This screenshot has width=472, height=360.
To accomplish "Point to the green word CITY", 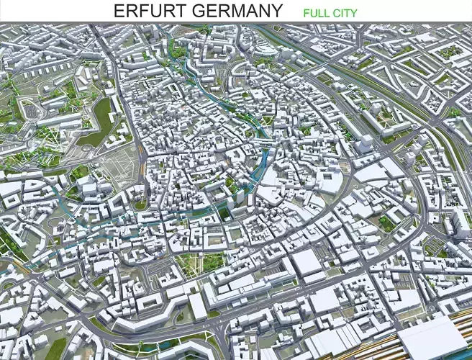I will pyautogui.click(x=345, y=13).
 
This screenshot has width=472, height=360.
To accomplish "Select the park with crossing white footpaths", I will pyautogui.click(x=201, y=262).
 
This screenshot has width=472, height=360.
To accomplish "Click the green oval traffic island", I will pyautogui.click(x=140, y=205).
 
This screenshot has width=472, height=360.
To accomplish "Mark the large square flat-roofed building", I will pyautogui.click(x=307, y=264).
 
